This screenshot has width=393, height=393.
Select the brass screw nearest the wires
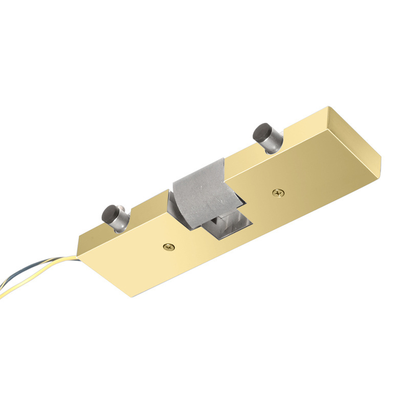tap(169, 247)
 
